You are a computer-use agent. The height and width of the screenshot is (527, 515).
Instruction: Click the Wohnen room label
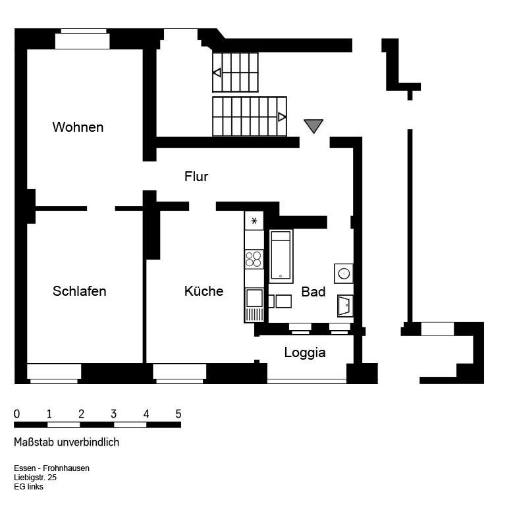(x=78, y=127)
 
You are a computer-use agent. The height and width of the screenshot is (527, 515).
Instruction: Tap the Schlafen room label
(x=79, y=291)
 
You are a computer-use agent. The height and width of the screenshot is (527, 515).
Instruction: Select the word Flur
(x=196, y=177)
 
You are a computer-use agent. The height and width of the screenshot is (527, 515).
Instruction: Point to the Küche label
(x=203, y=291)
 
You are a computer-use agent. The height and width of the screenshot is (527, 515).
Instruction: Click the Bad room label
(x=313, y=292)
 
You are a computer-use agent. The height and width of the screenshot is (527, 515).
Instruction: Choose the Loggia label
(x=305, y=352)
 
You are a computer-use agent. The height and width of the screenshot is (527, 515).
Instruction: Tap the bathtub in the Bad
(x=281, y=256)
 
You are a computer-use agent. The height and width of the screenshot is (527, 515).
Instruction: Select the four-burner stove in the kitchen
(x=254, y=259)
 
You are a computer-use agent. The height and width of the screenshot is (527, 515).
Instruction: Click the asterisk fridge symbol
(x=254, y=221)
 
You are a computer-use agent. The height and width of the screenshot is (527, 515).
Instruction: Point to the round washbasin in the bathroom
(x=344, y=273)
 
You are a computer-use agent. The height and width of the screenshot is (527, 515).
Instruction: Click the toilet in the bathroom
(x=344, y=306)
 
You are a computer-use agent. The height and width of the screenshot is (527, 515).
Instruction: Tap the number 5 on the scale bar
(x=178, y=414)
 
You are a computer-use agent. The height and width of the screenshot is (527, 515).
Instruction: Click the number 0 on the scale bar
(x=16, y=414)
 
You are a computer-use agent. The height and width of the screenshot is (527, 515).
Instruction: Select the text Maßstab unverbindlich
(x=67, y=443)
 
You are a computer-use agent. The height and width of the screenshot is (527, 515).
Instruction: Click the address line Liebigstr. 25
(x=35, y=478)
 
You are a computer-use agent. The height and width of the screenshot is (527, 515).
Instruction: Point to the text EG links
(x=28, y=487)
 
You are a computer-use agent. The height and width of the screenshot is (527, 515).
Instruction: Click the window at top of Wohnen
(x=82, y=40)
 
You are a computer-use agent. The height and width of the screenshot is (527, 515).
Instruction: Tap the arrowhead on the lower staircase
(x=282, y=117)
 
